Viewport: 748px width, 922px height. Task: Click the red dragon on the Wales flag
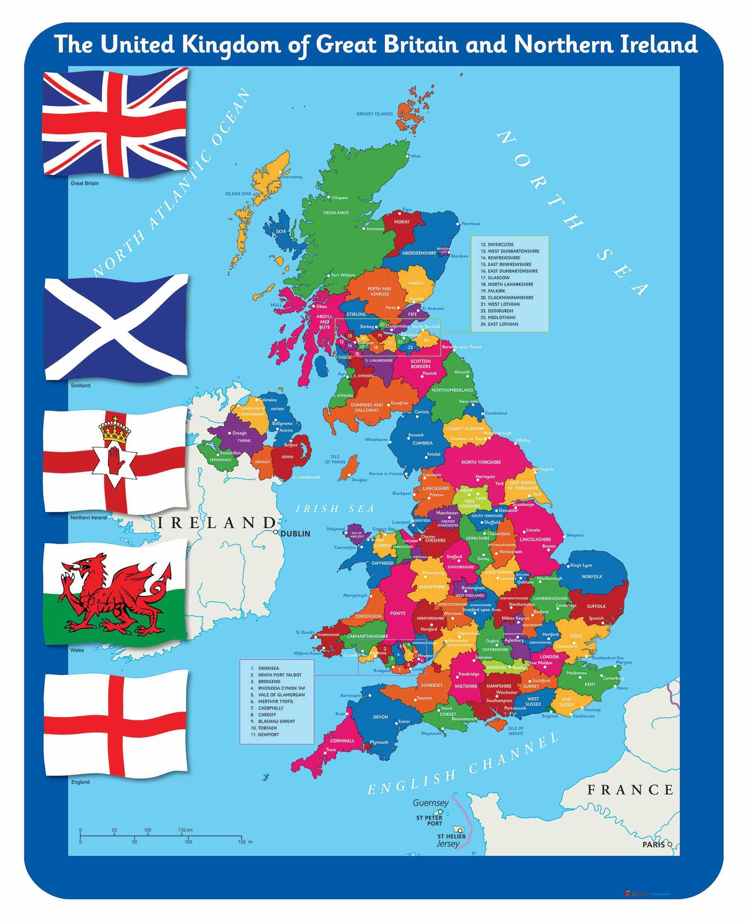pyautogui.click(x=114, y=594)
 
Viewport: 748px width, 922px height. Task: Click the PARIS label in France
pyautogui.click(x=653, y=844)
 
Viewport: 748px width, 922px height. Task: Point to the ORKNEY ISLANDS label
pyautogui.click(x=374, y=114)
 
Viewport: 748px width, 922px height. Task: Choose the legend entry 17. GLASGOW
pyautogui.click(x=498, y=278)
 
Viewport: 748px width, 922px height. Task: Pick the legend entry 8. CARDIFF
pyautogui.click(x=267, y=714)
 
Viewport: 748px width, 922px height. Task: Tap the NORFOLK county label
pyautogui.click(x=592, y=576)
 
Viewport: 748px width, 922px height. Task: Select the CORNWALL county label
pyautogui.click(x=342, y=740)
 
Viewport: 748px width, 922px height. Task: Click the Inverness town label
pyautogui.click(x=375, y=229)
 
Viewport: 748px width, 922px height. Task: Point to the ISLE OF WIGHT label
pyautogui.click(x=516, y=731)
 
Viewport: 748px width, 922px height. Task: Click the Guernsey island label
pyautogui.click(x=430, y=803)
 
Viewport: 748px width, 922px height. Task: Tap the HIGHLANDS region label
pyautogui.click(x=336, y=212)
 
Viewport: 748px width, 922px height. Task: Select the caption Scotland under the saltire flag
pyautogui.click(x=80, y=385)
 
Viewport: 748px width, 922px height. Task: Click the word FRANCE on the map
pyautogui.click(x=630, y=790)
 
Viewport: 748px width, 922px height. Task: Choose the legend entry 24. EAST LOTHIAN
pyautogui.click(x=502, y=324)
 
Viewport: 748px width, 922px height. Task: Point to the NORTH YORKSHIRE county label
pyautogui.click(x=481, y=462)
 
